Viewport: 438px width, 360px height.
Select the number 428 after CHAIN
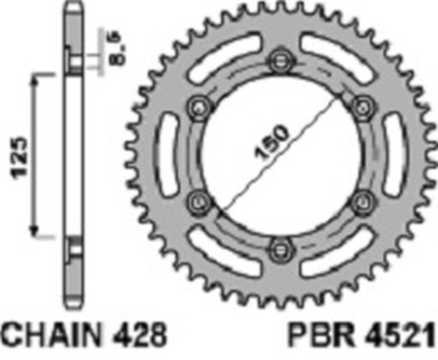pyautogui.click(x=138, y=335)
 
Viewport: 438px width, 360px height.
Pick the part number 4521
pyautogui.click(x=400, y=335)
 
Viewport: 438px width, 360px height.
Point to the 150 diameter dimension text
pyautogui.click(x=272, y=143)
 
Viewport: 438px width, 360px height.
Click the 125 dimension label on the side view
pyautogui.click(x=19, y=158)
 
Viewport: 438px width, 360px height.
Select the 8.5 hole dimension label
pyautogui.click(x=116, y=48)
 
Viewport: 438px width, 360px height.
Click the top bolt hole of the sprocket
pyautogui.click(x=280, y=60)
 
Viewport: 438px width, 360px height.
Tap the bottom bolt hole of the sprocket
pyautogui.click(x=280, y=250)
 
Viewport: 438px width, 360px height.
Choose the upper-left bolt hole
pyautogui.click(x=200, y=108)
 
